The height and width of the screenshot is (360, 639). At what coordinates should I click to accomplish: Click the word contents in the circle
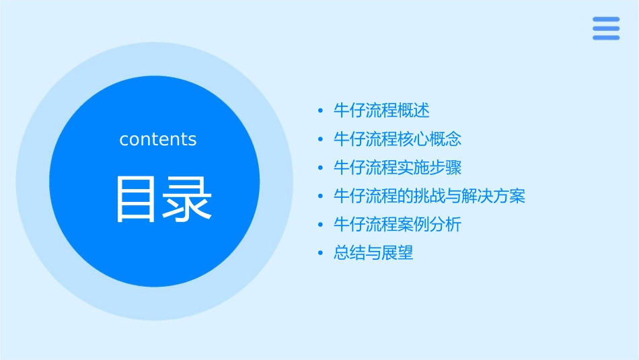(x=158, y=139)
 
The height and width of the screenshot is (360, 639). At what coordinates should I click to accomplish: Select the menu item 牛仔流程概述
(x=381, y=110)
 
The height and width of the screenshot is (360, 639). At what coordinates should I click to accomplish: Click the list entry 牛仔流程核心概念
(x=398, y=139)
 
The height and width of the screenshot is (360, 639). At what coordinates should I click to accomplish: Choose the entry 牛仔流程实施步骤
(x=398, y=168)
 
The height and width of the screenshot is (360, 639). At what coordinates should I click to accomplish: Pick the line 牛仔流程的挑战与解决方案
(x=429, y=196)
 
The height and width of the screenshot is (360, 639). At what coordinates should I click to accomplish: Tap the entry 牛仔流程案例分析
(x=398, y=225)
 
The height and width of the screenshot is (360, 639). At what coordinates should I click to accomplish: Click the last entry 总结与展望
(x=373, y=254)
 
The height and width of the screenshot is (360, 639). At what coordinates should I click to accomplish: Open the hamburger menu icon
(x=605, y=28)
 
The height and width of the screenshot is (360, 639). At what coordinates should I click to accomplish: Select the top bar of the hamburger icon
(x=605, y=20)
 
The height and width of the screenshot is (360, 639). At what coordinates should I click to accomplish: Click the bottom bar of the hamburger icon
(x=605, y=37)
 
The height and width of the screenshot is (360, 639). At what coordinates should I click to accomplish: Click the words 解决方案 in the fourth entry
(x=493, y=196)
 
